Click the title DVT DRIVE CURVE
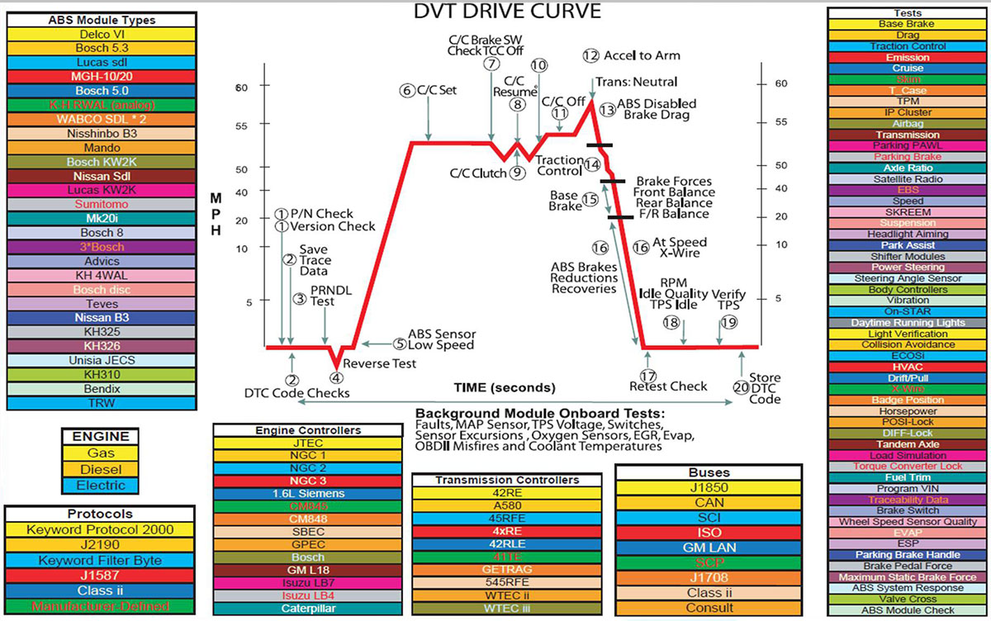(x=507, y=12)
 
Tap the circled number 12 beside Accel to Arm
(x=590, y=55)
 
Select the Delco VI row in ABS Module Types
(x=102, y=35)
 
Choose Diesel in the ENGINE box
(x=102, y=469)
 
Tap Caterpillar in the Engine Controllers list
(x=308, y=609)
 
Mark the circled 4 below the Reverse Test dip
(x=337, y=378)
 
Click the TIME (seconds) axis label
(x=505, y=387)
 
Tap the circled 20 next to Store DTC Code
(x=740, y=387)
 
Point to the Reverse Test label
(x=380, y=363)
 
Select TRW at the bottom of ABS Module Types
(x=102, y=404)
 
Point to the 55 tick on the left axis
(x=242, y=127)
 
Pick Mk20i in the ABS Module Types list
(x=102, y=218)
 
